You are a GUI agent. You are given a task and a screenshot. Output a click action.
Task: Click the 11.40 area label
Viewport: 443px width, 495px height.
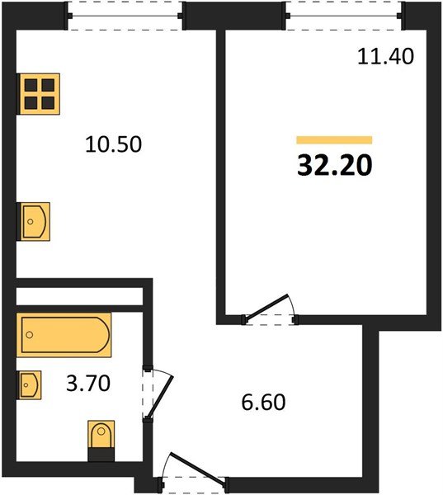coord(385,57)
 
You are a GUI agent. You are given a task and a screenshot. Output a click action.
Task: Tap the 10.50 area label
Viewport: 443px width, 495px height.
coord(113,144)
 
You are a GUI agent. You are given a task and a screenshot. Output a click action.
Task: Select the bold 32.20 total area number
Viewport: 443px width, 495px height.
coord(335,166)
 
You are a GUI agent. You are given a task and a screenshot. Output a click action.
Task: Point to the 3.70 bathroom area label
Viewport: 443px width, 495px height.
coord(88,384)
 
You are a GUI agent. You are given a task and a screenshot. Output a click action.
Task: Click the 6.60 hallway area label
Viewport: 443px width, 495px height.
coord(263,403)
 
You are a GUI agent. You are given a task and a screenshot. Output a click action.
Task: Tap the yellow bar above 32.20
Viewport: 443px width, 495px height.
coord(334,140)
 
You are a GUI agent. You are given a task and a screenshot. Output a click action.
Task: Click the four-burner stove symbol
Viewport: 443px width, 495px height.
coord(38,94)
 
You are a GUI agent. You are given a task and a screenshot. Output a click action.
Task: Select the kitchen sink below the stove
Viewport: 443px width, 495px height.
coord(33,222)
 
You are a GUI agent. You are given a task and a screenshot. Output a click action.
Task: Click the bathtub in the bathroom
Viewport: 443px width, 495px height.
coord(64,335)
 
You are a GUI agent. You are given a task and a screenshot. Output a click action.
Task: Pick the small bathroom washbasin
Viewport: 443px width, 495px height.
coord(29,385)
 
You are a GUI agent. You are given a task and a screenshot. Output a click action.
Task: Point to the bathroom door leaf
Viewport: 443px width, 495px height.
coord(160,397)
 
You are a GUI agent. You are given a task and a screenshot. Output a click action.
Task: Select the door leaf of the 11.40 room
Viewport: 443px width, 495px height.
coord(267,307)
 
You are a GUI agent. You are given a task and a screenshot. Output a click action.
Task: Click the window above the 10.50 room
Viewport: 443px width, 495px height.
coord(125,16)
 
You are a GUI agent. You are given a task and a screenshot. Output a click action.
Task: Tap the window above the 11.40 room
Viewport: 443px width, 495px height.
coord(344,16)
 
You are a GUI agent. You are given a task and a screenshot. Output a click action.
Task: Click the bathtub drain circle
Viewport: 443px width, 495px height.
coord(30,335)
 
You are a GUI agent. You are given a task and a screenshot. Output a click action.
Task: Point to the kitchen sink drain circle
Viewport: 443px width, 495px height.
coord(31,222)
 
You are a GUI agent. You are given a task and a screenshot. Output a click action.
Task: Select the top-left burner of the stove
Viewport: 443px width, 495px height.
coord(31,85)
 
